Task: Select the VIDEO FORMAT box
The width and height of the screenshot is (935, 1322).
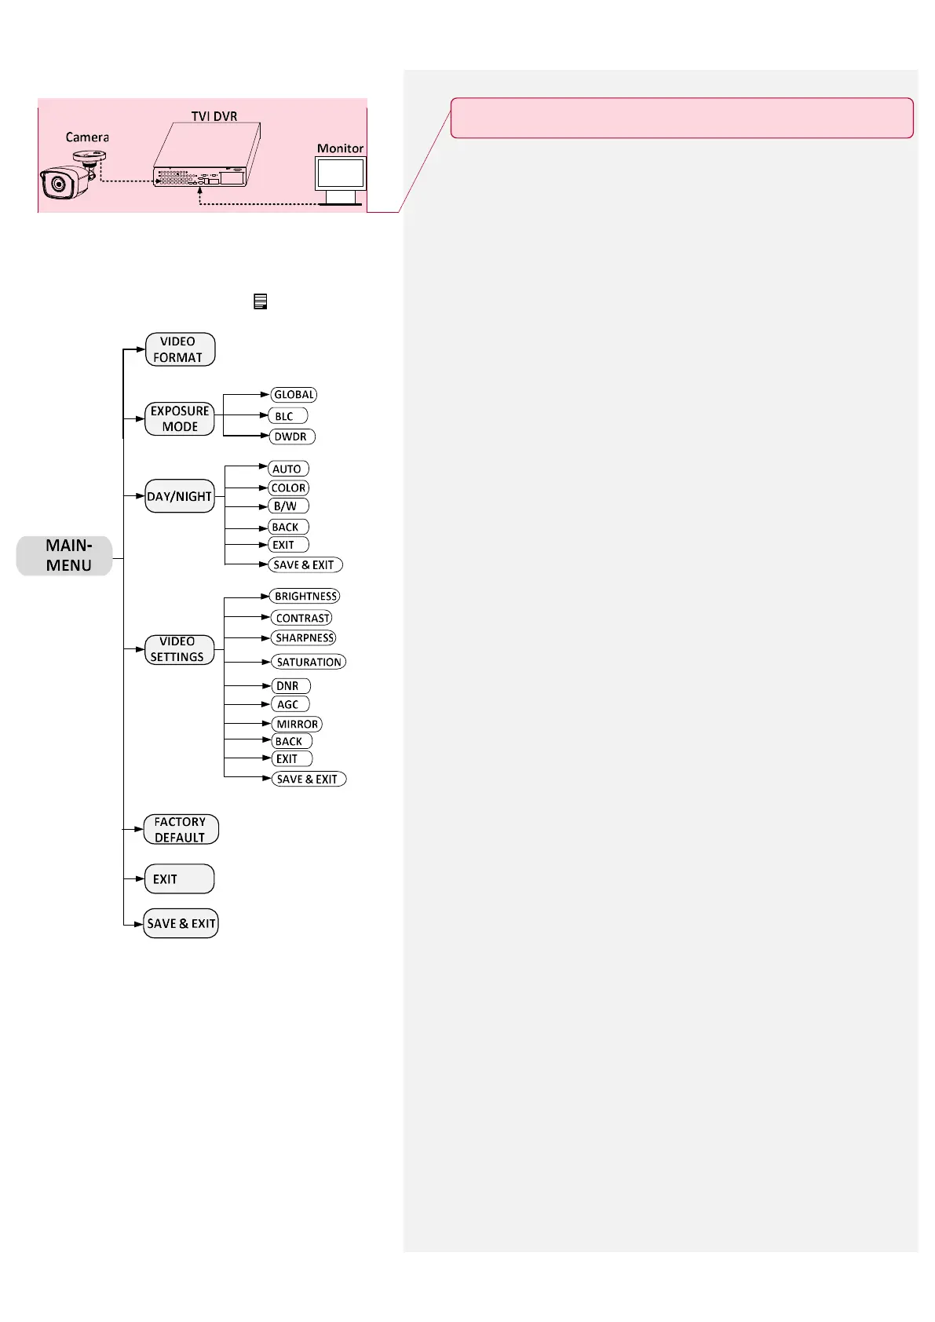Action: (x=180, y=349)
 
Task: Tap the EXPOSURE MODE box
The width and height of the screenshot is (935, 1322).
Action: (x=180, y=419)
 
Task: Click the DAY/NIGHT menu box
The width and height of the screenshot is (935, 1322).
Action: (x=180, y=496)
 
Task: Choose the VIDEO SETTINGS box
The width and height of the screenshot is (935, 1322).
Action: (x=179, y=649)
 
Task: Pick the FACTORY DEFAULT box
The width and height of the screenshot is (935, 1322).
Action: (x=181, y=830)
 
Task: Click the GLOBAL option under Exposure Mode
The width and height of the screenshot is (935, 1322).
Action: (x=294, y=395)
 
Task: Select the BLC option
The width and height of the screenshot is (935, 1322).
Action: (x=287, y=416)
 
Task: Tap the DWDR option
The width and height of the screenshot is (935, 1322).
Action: (x=291, y=436)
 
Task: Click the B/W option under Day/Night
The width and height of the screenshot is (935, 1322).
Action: (x=287, y=506)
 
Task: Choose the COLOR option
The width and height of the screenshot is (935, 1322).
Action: (x=288, y=488)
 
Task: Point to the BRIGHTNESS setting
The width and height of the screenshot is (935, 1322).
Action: (x=305, y=597)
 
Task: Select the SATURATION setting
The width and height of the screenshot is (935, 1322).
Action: (x=309, y=662)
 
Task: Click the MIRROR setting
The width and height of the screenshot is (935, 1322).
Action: (x=297, y=724)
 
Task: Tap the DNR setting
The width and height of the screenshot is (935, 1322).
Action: (x=290, y=686)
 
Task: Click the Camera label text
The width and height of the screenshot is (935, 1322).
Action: (x=87, y=137)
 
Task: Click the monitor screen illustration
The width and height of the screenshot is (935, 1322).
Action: (x=341, y=173)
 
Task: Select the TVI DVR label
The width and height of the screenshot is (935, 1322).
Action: (x=214, y=116)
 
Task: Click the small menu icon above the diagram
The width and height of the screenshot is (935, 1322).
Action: (x=261, y=301)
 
